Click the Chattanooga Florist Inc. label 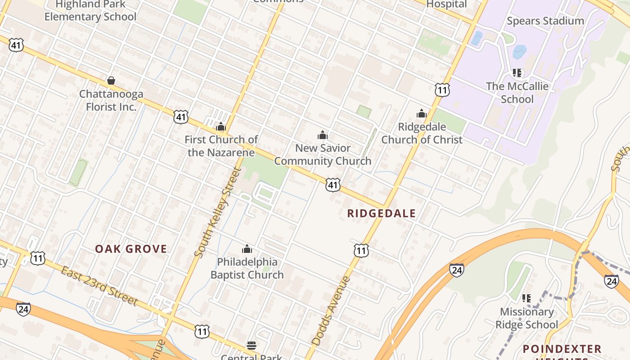pos(111,100)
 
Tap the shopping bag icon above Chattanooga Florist pos(111,81)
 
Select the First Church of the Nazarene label pos(221,146)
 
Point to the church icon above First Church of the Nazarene pos(220,126)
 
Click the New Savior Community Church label pos(323,154)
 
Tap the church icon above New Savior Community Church pos(322,135)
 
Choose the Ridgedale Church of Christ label pos(422,133)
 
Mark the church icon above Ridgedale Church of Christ pos(422,113)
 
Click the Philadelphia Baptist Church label pos(247,268)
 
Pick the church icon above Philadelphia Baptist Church pos(247,249)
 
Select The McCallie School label pos(517,93)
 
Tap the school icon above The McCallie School pos(517,73)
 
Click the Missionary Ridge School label pos(526,318)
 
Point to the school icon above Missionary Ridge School pos(526,298)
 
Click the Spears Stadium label pos(545,21)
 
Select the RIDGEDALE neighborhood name pos(382,213)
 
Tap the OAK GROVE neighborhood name pos(131,249)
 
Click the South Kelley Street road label pos(218,212)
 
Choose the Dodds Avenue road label pos(331,311)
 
